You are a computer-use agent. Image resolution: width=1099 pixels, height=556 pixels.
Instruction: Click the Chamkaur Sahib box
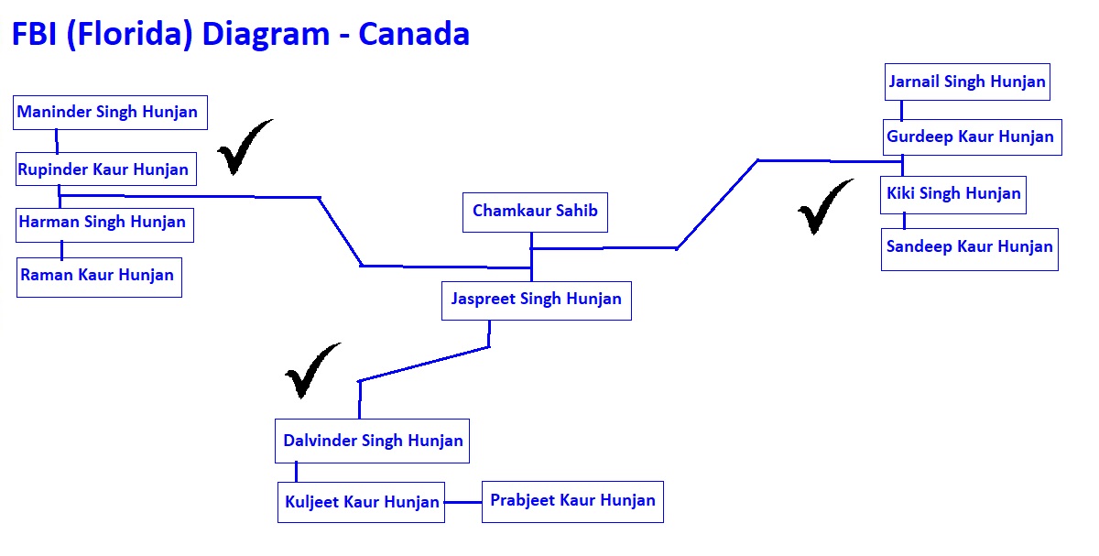point(535,212)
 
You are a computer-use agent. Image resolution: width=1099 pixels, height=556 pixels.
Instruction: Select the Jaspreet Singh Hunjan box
point(537,300)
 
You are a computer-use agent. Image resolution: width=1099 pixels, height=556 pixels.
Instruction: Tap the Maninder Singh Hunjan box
point(110,113)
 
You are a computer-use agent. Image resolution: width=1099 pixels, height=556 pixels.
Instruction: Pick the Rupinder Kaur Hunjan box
point(106,169)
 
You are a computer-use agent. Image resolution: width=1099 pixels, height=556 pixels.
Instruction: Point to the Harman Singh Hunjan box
point(104,224)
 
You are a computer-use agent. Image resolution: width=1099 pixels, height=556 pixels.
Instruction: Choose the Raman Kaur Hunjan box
point(99,278)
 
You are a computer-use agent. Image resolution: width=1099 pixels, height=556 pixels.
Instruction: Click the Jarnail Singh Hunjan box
point(967,82)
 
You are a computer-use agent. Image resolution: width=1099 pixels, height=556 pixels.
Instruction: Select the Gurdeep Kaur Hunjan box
point(972,136)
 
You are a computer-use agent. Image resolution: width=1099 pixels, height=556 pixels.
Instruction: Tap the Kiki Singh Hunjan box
point(952,195)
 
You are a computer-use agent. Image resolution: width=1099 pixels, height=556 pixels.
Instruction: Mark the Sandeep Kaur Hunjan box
point(970,249)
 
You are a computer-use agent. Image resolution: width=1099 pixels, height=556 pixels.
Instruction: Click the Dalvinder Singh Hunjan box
point(372,441)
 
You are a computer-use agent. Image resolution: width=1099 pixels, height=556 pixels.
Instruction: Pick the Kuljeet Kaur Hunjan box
point(361,502)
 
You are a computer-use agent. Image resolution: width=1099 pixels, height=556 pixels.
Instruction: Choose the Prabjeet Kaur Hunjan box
point(572,502)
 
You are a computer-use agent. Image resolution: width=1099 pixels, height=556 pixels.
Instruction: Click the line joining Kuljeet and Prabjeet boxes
point(463,502)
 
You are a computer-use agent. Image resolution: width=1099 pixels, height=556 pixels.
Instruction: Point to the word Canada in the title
point(414,35)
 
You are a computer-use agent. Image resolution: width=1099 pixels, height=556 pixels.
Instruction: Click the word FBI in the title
point(34,35)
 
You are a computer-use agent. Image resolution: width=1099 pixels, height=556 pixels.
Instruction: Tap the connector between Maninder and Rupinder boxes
point(57,141)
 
